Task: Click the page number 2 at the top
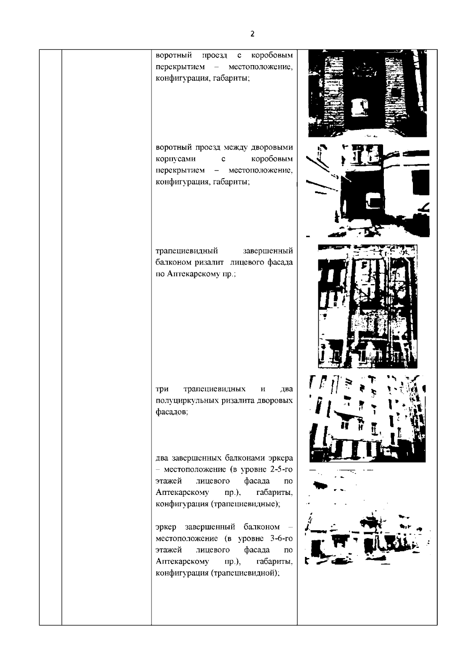(x=252, y=34)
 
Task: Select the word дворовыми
(x=272, y=148)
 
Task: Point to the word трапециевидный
(x=187, y=251)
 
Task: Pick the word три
(x=162, y=389)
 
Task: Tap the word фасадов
(x=172, y=412)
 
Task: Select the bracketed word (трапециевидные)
(x=245, y=504)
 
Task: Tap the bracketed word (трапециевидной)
(x=245, y=573)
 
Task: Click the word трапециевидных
(x=214, y=389)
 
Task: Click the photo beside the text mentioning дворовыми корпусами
(x=368, y=191)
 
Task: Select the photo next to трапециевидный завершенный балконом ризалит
(x=367, y=306)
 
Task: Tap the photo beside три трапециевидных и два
(x=367, y=419)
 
